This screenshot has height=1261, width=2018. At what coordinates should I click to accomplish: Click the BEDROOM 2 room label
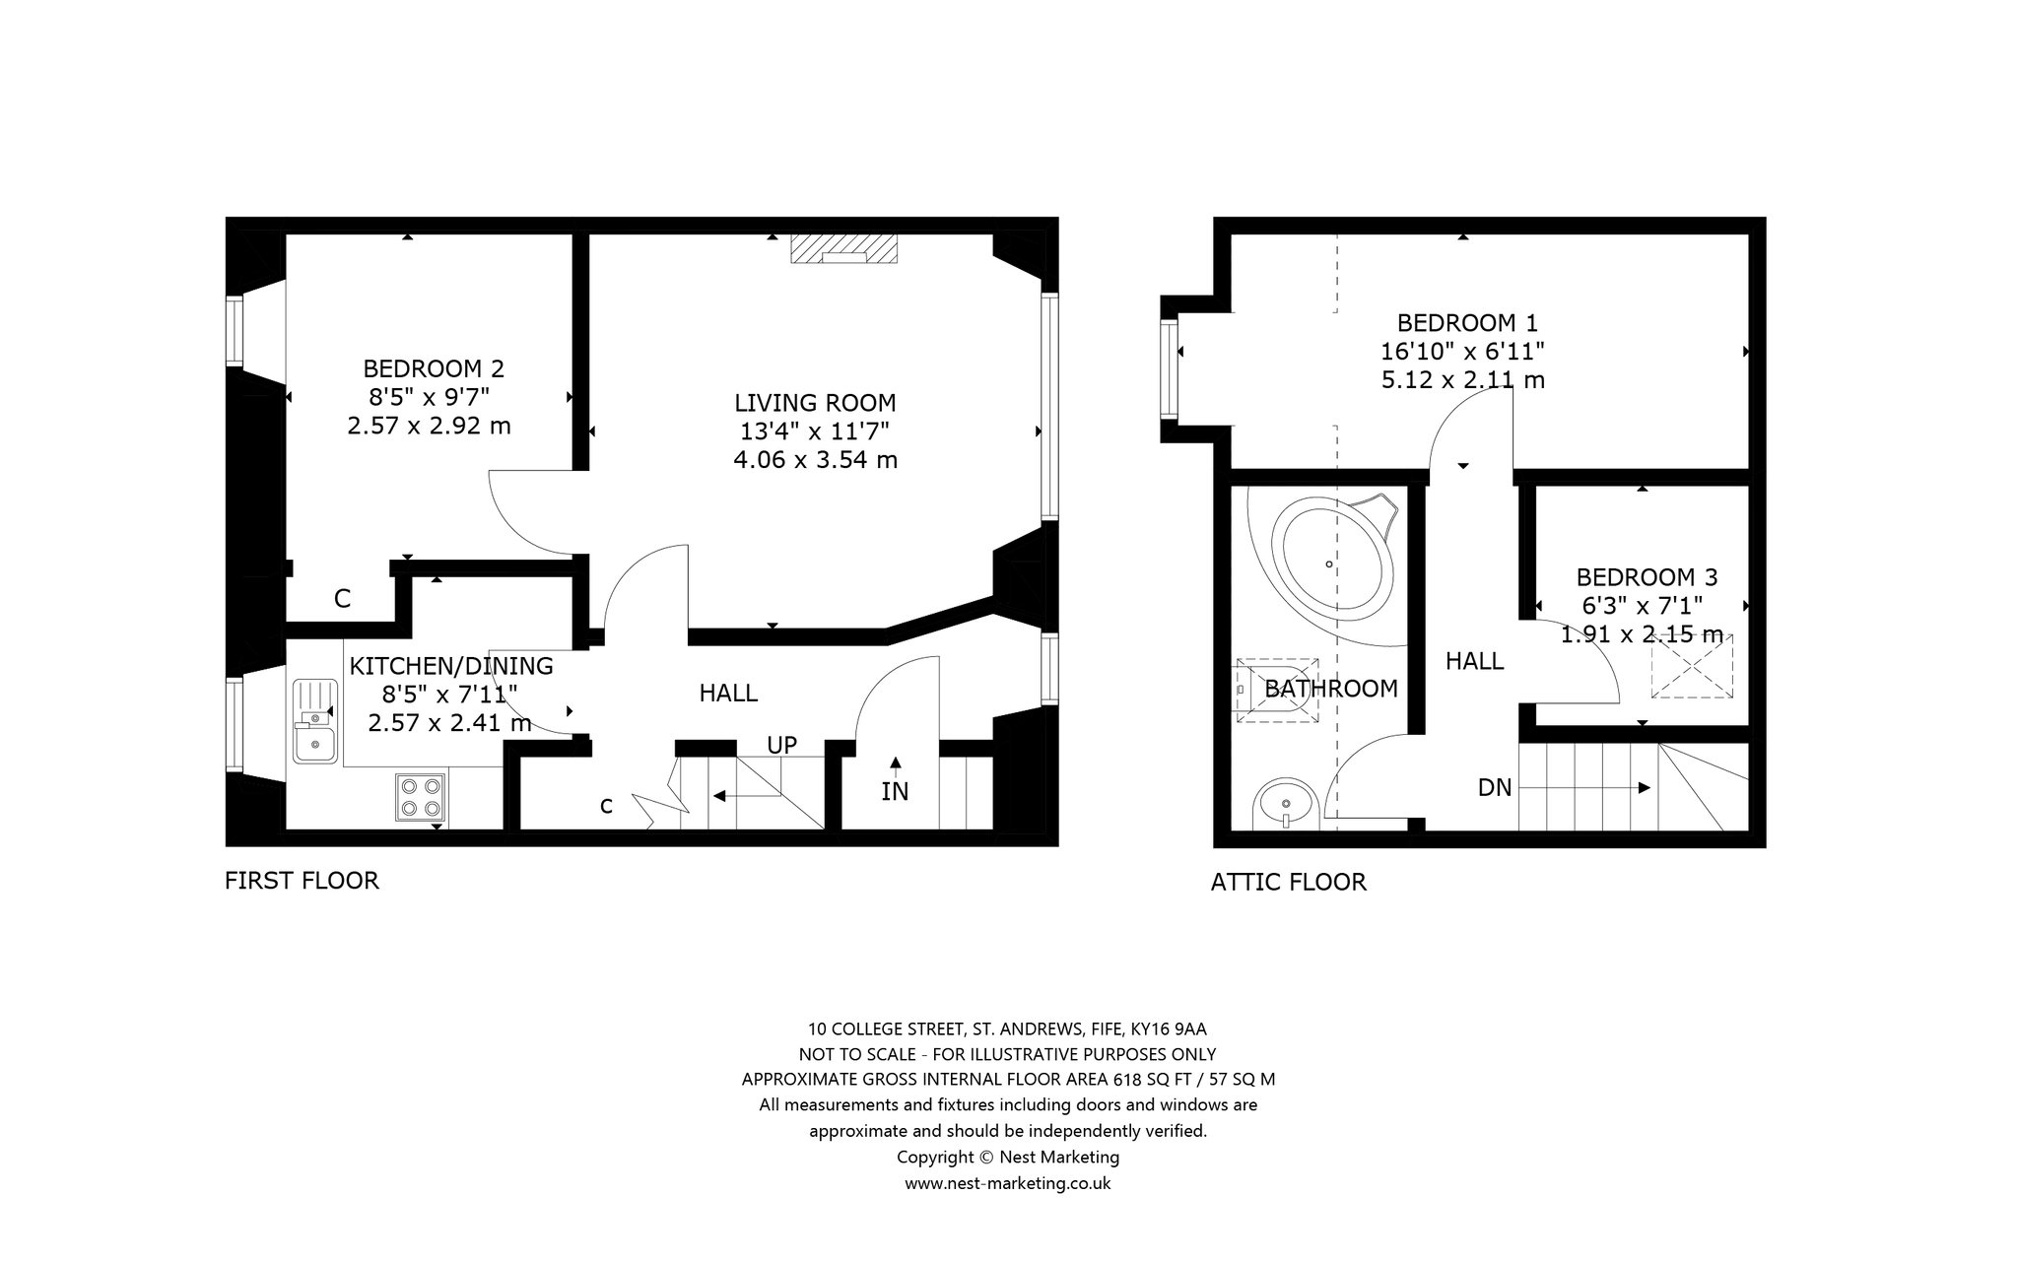point(434,368)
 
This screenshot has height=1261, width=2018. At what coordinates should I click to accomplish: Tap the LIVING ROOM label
point(815,402)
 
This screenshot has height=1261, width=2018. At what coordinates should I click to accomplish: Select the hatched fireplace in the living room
point(844,249)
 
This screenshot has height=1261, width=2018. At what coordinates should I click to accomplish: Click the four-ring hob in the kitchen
point(422,797)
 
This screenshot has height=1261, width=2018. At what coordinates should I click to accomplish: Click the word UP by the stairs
point(781,745)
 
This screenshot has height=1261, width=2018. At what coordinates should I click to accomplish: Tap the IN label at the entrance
point(895,791)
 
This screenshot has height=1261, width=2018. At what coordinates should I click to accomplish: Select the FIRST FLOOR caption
point(302,880)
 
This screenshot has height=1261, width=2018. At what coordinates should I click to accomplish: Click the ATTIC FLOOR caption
point(1289,882)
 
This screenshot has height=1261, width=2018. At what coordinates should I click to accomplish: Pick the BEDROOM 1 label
point(1467,322)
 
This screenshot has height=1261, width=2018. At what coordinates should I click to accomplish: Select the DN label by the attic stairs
point(1495,787)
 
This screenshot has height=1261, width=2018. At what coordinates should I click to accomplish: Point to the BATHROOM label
point(1331,688)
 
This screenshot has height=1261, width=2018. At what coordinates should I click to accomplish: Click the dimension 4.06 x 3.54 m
point(815,459)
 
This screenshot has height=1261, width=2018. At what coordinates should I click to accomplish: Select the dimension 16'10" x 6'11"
point(1462,351)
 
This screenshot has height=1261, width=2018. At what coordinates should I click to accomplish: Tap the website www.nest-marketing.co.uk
point(1008,1183)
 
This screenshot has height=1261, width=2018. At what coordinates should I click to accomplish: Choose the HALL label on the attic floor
point(1474,660)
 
